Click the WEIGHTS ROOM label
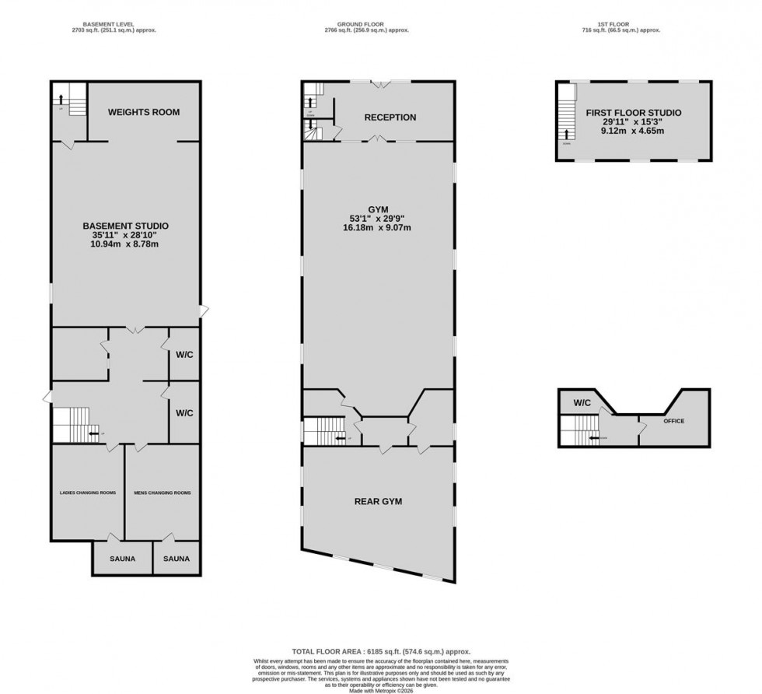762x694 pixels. click(x=143, y=112)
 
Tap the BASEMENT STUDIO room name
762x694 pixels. click(x=125, y=226)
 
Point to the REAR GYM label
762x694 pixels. click(x=378, y=501)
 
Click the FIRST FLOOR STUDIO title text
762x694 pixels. click(x=633, y=113)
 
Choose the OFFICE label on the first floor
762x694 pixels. click(x=673, y=421)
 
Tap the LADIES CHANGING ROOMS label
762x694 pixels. click(x=89, y=492)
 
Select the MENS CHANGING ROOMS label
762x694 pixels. click(x=163, y=492)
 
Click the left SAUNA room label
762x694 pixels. click(x=122, y=559)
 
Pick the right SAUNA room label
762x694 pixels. click(x=176, y=559)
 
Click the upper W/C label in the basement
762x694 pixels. click(x=184, y=355)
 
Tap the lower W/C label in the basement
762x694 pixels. click(x=184, y=412)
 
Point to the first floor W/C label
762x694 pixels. click(x=583, y=403)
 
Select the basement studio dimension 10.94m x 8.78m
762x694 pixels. click(x=125, y=244)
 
